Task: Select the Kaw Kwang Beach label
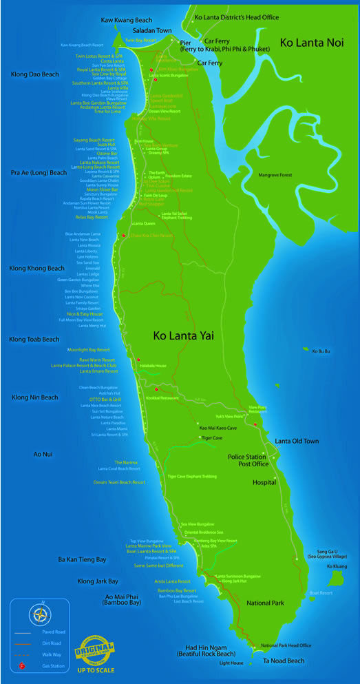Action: click(126, 21)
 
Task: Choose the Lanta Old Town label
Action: click(297, 441)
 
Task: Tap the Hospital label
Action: click(264, 483)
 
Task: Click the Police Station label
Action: click(247, 457)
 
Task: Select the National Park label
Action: click(265, 603)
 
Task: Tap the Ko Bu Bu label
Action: click(321, 351)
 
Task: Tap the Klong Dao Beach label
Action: click(34, 74)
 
